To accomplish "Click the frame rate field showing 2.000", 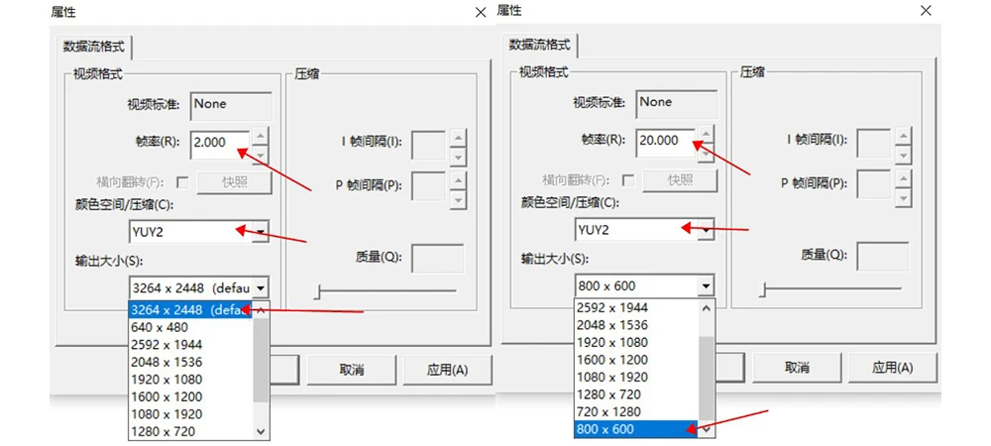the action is click(220, 142).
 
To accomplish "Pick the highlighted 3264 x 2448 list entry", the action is click(190, 310).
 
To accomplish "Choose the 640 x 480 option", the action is click(159, 327).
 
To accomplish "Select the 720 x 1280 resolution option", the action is click(610, 411).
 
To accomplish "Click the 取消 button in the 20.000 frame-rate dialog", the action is click(797, 368).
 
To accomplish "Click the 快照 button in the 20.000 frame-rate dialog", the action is click(680, 180).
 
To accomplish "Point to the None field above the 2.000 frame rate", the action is click(231, 105).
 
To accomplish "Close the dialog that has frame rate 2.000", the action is click(481, 12).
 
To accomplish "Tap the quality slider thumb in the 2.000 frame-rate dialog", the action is click(317, 290).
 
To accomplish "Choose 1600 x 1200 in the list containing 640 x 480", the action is click(166, 396).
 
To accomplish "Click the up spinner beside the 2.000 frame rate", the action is click(260, 134).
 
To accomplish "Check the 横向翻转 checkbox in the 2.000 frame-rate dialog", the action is click(181, 181).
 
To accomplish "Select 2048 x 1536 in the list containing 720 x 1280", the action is click(611, 325).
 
